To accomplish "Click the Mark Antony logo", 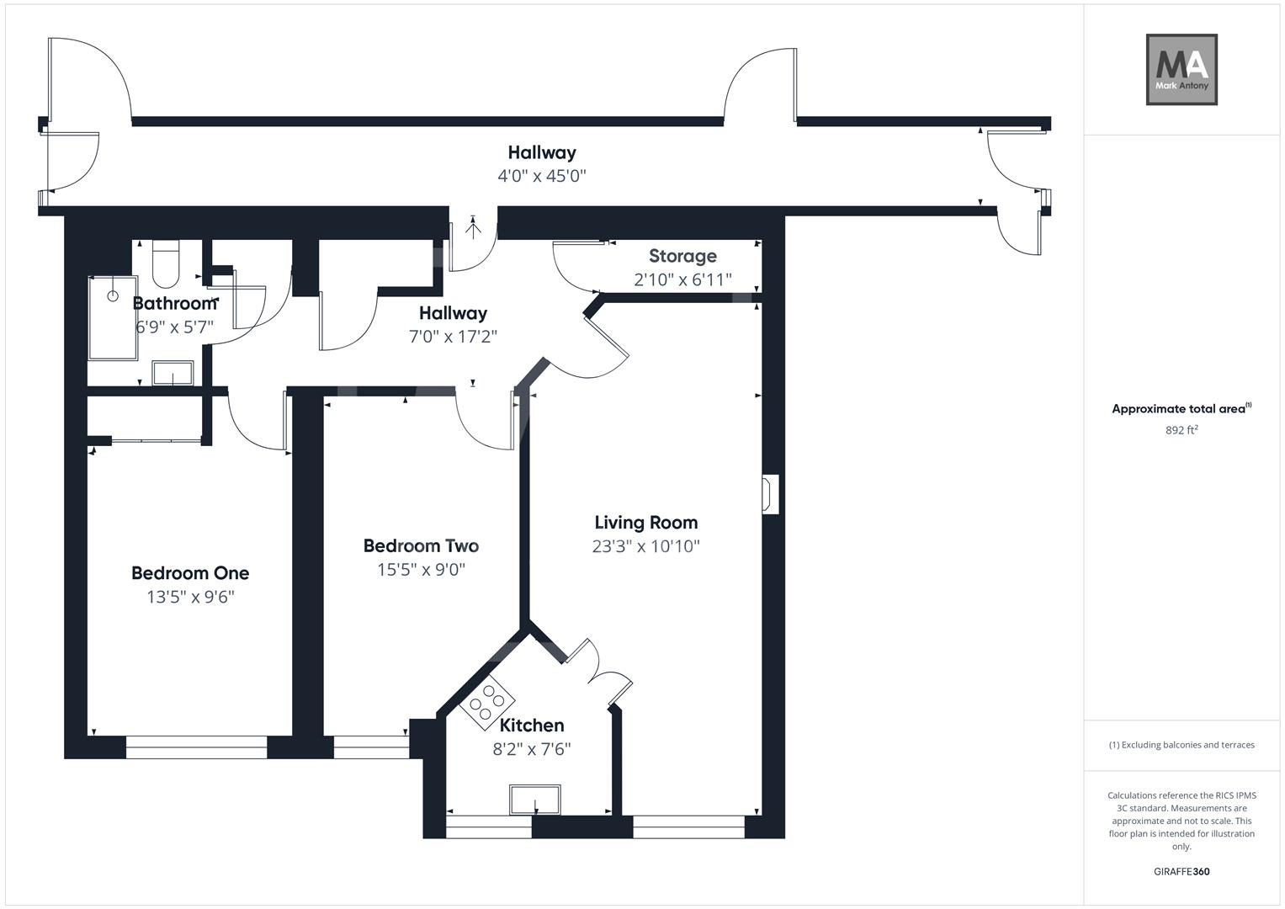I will (1181, 70).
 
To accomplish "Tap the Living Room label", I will (645, 523).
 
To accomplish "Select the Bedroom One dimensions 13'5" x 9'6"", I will (190, 598).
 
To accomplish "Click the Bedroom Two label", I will (421, 546).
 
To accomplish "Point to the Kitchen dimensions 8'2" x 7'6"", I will (532, 749).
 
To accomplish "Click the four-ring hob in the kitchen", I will (487, 701).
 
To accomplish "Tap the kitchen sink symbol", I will (534, 800).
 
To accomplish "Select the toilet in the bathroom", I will (166, 263).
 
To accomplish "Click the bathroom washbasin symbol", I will (173, 373).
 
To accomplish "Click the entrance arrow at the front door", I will (473, 226).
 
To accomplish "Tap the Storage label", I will (682, 256).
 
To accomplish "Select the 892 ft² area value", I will (1181, 430).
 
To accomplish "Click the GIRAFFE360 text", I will (1181, 872).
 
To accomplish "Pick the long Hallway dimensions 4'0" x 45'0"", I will (541, 176).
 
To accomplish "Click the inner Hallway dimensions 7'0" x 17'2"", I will (453, 337).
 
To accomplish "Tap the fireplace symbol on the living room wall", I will (769, 494).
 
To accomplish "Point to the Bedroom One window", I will (196, 747).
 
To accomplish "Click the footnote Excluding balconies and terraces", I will (1181, 745).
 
